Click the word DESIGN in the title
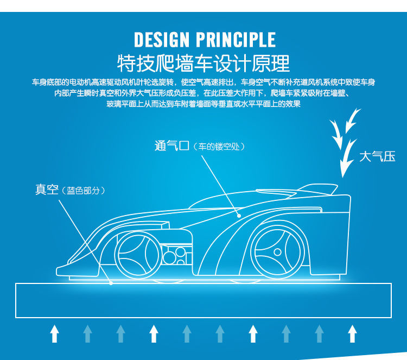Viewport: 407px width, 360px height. (162, 40)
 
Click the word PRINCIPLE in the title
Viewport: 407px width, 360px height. (235, 40)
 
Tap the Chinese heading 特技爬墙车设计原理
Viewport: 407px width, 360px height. (203, 63)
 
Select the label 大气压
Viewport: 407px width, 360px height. (377, 157)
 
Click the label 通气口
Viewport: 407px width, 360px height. (171, 146)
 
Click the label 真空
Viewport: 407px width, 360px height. (47, 190)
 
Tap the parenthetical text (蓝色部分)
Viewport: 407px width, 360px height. (83, 191)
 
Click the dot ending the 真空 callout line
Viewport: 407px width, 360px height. (111, 283)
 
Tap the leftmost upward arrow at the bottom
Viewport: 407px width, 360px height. (54, 333)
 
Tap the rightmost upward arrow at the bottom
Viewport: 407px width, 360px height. (352, 333)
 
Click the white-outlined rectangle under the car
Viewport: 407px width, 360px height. (203, 300)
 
